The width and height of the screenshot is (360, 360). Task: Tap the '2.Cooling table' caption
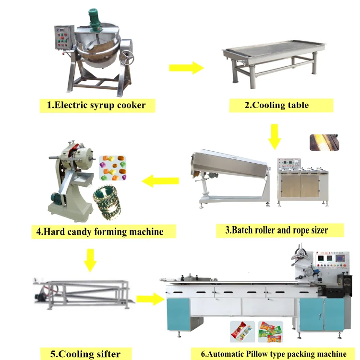[276, 105]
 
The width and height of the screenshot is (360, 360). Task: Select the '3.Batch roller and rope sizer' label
[277, 230]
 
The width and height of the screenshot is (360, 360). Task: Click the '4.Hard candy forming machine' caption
[100, 232]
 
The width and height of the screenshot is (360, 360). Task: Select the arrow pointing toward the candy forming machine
[161, 181]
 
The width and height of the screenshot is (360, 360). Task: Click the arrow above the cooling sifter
[90, 260]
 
